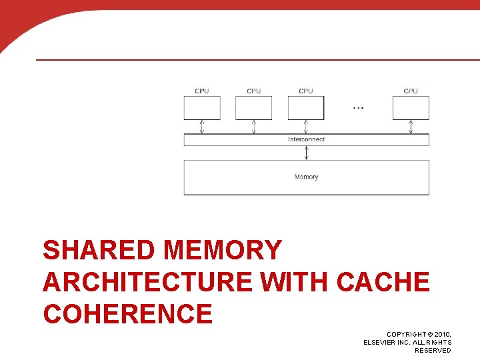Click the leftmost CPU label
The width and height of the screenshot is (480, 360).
[x=201, y=91]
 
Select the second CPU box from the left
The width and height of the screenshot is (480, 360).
[x=253, y=107]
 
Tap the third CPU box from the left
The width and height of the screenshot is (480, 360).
[x=306, y=107]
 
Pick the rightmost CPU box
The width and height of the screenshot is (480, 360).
[x=411, y=107]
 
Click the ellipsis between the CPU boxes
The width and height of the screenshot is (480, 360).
[x=358, y=107]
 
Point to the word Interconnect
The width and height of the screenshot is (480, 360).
[x=306, y=139]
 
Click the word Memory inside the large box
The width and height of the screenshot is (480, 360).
[x=306, y=177]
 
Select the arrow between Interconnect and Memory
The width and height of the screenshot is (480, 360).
[x=306, y=153]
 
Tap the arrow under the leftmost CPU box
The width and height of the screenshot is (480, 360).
[x=201, y=127]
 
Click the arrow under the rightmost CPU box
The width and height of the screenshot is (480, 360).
[x=411, y=127]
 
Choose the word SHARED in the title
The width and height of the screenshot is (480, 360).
[x=99, y=251]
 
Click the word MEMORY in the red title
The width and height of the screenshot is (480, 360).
[x=223, y=251]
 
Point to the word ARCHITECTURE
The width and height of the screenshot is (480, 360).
[x=147, y=282]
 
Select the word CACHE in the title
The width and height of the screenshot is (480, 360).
[x=383, y=282]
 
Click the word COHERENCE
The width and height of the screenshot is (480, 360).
[x=127, y=313]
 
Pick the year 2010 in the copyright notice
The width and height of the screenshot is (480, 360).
[x=441, y=333]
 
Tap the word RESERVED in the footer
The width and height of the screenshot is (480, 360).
[x=433, y=351]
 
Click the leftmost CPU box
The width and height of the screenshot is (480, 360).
[x=201, y=107]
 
